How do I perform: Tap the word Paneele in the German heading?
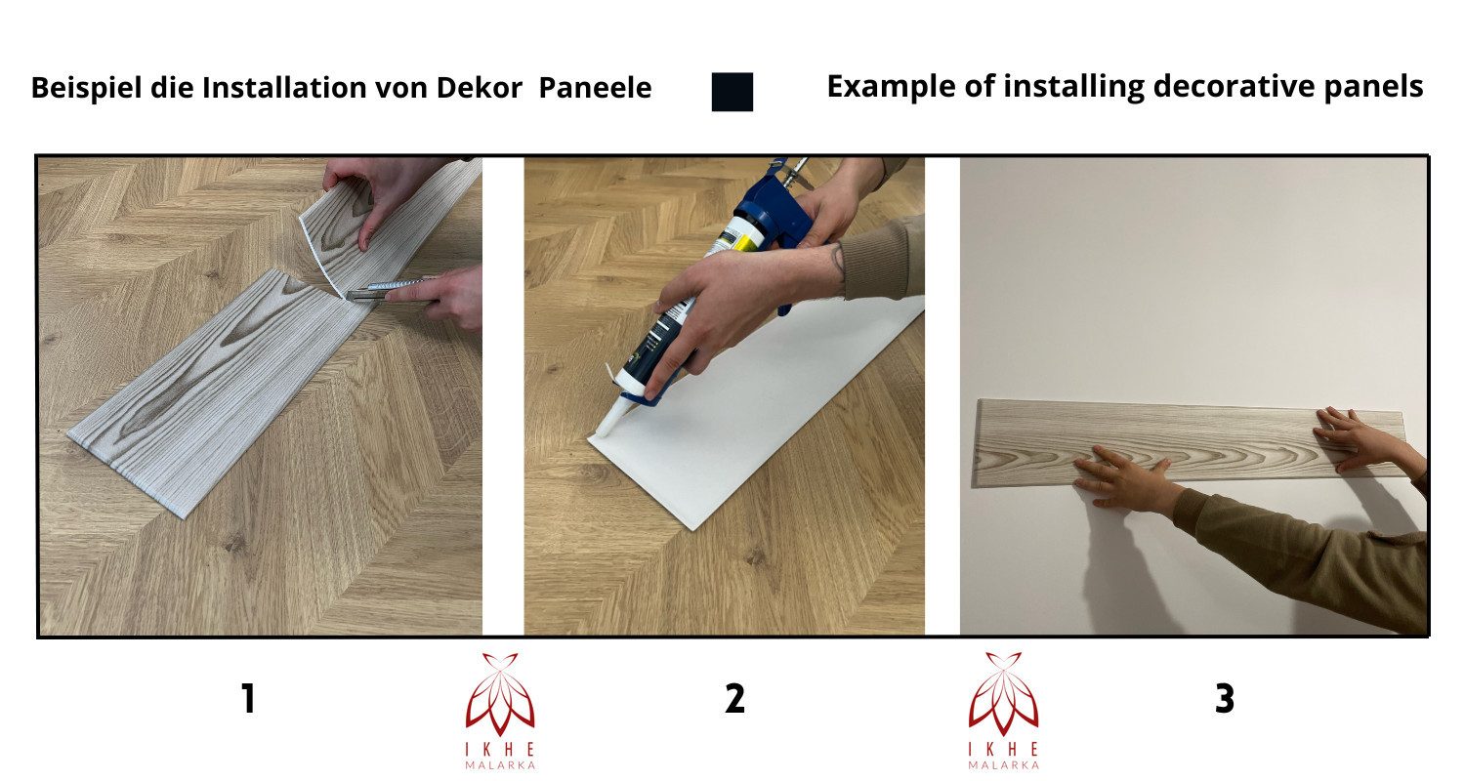595,88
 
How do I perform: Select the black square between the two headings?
732,92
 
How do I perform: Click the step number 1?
248,699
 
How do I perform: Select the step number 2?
734,699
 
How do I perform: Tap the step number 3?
1224,699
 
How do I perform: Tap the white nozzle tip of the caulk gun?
607,421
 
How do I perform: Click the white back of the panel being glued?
772,410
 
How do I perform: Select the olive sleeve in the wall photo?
1318,556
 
